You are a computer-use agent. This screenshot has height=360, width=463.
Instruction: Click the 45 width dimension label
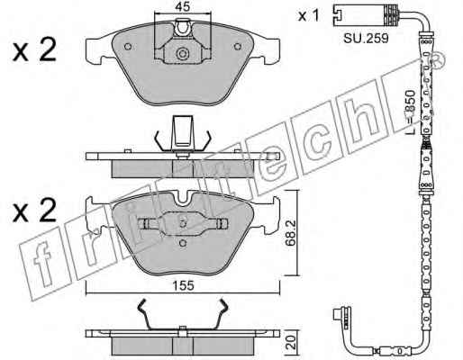tap(183, 6)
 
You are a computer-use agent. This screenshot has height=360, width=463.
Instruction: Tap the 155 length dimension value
tap(184, 286)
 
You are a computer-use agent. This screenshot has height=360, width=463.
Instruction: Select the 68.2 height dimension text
tap(290, 233)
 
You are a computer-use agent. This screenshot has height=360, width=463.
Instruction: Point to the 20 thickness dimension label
tap(292, 342)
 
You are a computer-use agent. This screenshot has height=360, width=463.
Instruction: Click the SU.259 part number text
tap(366, 38)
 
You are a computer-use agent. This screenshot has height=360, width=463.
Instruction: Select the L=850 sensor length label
tap(410, 112)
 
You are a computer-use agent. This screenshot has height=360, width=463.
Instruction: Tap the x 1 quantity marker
tap(308, 15)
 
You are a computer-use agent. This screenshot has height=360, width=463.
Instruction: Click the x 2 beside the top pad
tap(34, 50)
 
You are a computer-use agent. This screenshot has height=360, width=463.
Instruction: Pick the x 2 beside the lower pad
tap(34, 210)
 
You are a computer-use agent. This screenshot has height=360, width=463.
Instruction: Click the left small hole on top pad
tap(128, 47)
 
